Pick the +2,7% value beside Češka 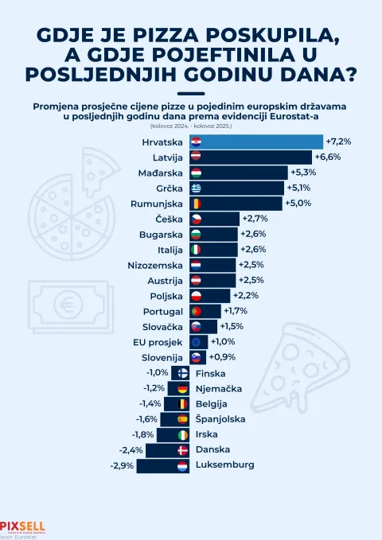click(255, 219)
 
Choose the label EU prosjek click(159, 342)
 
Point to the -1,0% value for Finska click(156, 373)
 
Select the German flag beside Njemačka click(182, 389)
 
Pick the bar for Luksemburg click(156, 465)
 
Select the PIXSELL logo click(22, 526)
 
